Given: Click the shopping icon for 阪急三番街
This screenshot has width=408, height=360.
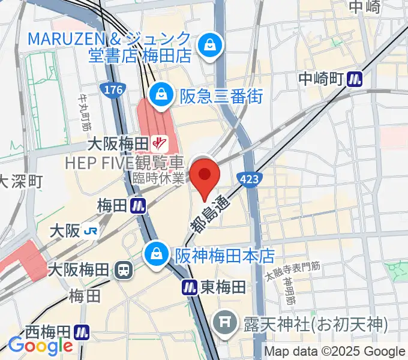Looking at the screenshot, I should [x=161, y=93].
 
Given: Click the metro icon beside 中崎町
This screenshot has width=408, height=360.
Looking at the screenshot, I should [x=358, y=79].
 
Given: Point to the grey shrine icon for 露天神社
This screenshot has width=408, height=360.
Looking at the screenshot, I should [x=227, y=325].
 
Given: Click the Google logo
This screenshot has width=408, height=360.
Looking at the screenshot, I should [x=40, y=346].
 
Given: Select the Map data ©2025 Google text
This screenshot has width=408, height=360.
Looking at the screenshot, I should [x=335, y=352].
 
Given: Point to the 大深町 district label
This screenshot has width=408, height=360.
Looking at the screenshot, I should [x=20, y=181].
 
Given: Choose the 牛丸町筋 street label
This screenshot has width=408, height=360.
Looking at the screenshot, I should [x=84, y=114].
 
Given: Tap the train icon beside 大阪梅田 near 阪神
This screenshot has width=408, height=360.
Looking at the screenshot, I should [x=122, y=270].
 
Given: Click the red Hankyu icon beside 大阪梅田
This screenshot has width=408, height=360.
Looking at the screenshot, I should [x=160, y=143].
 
